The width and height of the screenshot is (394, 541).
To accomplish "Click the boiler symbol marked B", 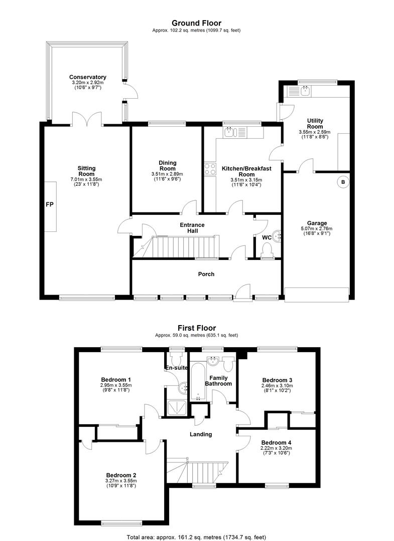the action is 343,182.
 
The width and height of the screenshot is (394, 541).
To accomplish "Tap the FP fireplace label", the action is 50,204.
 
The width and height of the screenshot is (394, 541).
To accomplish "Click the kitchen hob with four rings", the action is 210,169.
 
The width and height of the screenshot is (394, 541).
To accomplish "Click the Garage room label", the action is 317,223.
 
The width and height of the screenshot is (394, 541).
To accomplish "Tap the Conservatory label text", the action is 88,77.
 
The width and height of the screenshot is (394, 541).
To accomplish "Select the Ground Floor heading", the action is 196,23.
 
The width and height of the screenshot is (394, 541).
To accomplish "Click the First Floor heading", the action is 197,328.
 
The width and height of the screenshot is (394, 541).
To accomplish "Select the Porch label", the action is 206,275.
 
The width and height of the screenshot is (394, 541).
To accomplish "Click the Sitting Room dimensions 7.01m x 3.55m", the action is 86,179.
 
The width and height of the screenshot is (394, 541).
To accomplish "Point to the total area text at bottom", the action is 196,537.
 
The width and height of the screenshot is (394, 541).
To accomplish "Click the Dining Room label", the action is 167,166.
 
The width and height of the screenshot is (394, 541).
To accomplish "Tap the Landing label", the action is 201,434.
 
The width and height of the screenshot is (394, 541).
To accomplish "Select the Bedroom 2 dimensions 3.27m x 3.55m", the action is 121,481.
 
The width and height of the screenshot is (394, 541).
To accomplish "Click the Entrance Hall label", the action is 192,228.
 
